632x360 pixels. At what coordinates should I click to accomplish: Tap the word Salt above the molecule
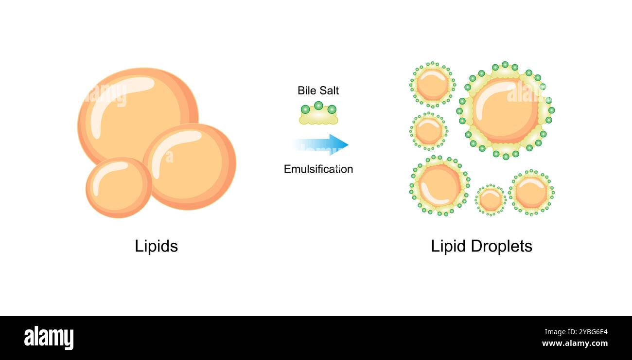pos(329,90)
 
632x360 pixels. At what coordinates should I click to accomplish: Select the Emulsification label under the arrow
pos(318,169)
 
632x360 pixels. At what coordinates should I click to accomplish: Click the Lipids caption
pos(156,246)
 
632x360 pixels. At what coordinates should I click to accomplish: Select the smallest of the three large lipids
pos(119,187)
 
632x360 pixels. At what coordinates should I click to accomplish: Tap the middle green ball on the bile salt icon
pos(318,105)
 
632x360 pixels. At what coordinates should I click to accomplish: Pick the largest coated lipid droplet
pos(506,111)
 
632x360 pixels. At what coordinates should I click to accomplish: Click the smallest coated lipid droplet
pos(490,200)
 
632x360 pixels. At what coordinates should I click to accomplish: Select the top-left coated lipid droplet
pos(432,85)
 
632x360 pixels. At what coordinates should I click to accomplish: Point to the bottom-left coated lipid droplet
pos(439,186)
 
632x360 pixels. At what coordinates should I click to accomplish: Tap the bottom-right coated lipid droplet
pos(531,193)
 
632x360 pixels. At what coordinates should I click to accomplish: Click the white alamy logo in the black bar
pos(49,338)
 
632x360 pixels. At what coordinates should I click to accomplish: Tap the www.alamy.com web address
pos(575,344)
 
